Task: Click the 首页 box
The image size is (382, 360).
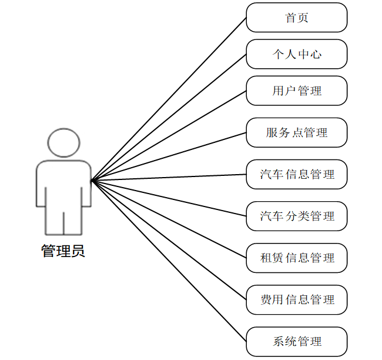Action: pyautogui.click(x=297, y=18)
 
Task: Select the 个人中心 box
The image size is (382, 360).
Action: pyautogui.click(x=297, y=54)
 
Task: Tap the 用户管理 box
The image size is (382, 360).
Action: pyautogui.click(x=297, y=91)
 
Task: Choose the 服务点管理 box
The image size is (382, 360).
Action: pyautogui.click(x=297, y=132)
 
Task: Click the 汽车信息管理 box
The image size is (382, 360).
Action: pyautogui.click(x=297, y=174)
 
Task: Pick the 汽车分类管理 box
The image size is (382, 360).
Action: pyautogui.click(x=297, y=216)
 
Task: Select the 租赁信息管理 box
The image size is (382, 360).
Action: pyautogui.click(x=297, y=258)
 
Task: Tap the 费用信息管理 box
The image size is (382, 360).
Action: pyautogui.click(x=297, y=299)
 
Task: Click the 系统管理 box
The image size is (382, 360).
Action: pyautogui.click(x=297, y=341)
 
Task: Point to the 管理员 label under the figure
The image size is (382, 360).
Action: pyautogui.click(x=63, y=251)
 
